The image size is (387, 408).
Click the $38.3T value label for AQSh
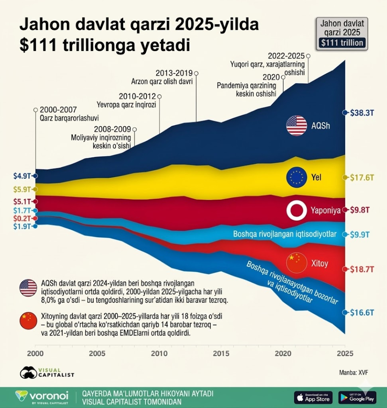pos(362,113)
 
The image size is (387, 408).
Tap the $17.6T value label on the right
pos(362,177)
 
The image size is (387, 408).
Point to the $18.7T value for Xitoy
pos(362,269)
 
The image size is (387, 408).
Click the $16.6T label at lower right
pos(362,312)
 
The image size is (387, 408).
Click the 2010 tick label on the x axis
pos(159,354)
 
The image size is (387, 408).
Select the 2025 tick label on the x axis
pos(344,354)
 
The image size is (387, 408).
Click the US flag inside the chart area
pos(296,126)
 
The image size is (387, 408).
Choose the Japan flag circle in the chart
pos(296,210)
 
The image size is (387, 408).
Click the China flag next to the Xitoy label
pos(296,263)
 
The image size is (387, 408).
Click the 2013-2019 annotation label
pos(174,73)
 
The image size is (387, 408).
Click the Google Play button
pos(357,397)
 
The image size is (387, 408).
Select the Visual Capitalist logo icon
pos(28,372)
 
